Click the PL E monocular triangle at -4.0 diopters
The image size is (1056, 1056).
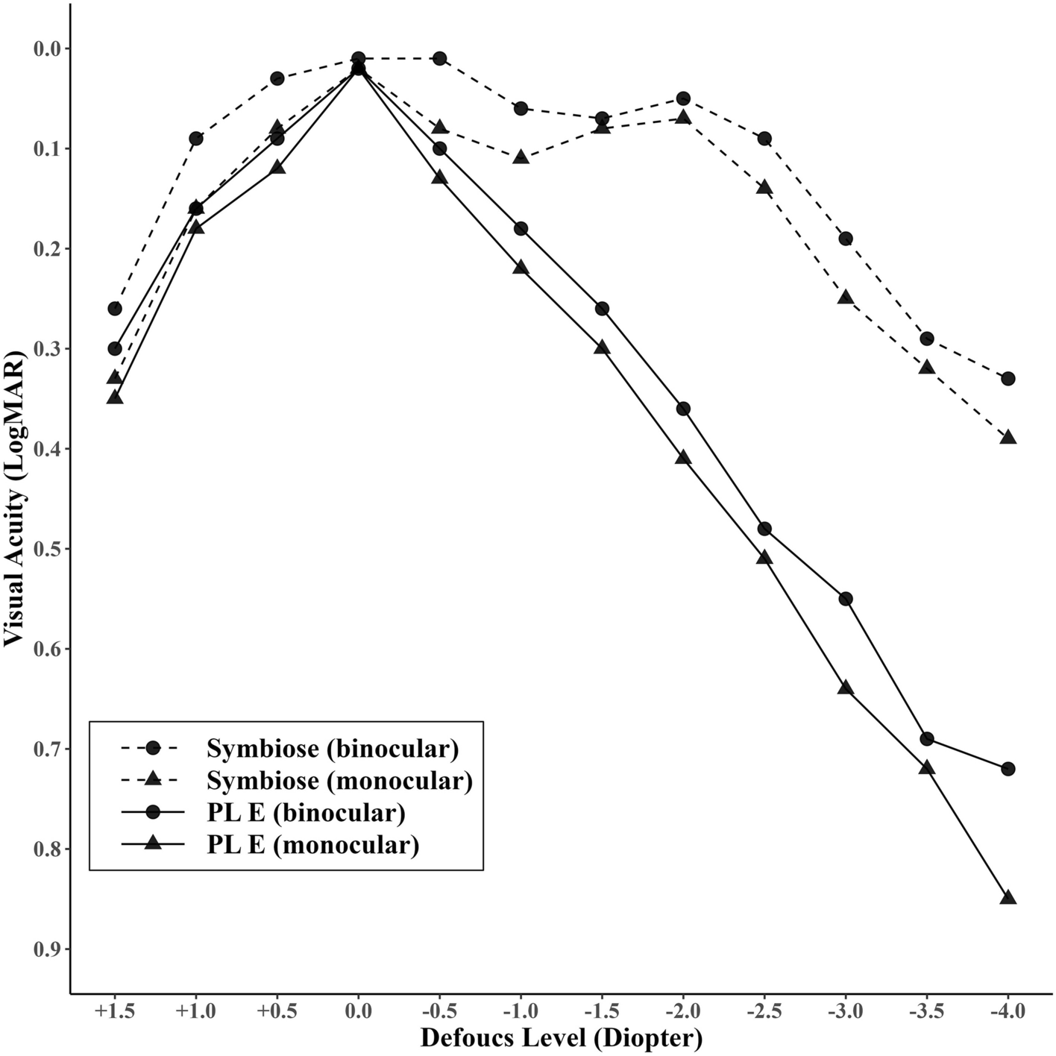pos(1008,897)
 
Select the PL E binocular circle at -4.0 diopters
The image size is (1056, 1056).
pos(1008,768)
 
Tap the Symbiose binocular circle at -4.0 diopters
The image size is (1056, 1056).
pos(1008,378)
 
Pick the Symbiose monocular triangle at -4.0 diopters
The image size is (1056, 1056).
pos(1008,437)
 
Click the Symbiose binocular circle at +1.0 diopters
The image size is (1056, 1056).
pos(196,138)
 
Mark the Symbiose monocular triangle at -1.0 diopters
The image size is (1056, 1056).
pos(521,157)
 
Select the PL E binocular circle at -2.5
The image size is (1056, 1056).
pos(764,529)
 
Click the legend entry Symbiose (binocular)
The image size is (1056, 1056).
pos(333,748)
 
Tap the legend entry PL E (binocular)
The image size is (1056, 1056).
pos(306,812)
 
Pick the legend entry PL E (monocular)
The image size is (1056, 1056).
pos(312,844)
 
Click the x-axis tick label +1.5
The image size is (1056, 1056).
pos(115,1012)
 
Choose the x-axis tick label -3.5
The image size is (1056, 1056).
pos(926,1012)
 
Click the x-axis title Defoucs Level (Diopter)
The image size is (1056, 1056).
pos(561,1038)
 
